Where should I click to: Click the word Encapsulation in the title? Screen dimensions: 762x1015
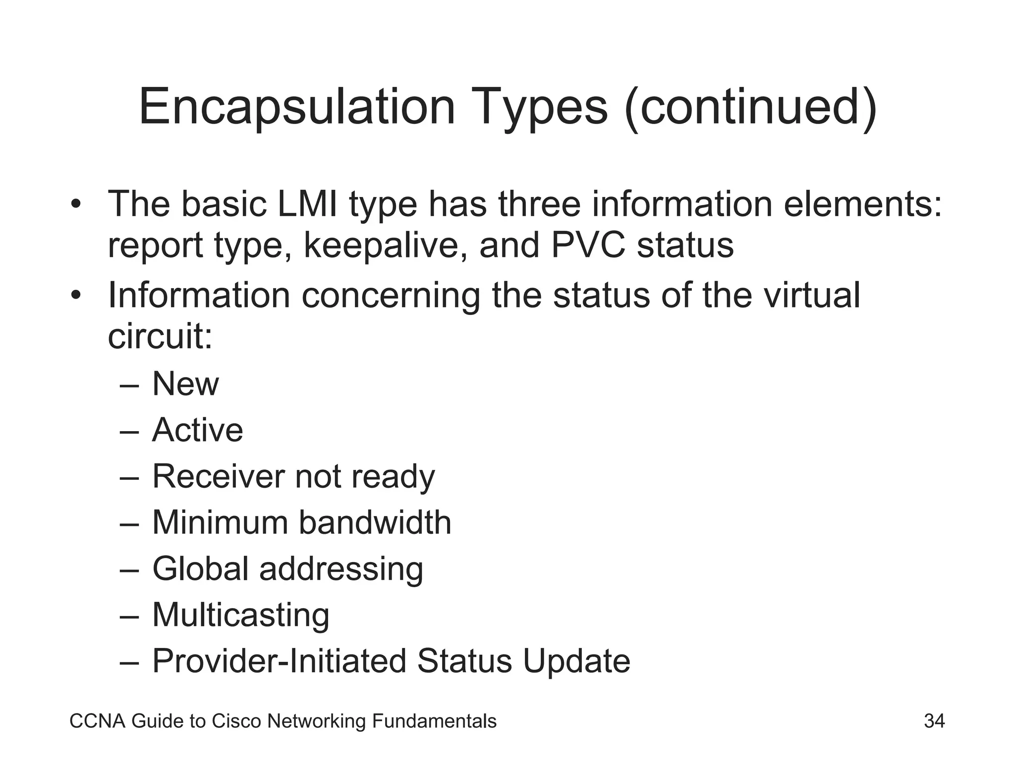point(296,107)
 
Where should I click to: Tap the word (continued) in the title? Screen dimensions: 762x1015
point(751,107)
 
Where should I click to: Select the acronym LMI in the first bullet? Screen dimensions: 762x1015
point(308,204)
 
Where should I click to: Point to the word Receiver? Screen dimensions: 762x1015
point(219,476)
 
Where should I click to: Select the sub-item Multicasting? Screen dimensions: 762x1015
point(241,615)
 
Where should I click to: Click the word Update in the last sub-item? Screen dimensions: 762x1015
point(577,661)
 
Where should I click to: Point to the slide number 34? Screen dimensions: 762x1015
point(934,721)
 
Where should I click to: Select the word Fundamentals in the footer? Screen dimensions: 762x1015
point(434,721)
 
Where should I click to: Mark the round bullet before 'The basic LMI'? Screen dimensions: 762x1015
point(75,204)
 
